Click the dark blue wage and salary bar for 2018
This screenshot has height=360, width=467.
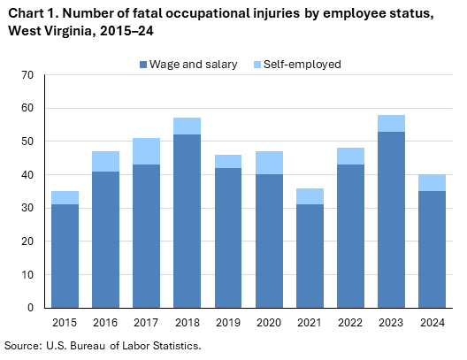187,221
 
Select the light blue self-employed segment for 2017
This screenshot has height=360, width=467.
146,150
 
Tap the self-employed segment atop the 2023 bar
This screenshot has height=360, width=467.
390,123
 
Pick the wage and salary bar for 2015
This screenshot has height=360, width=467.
65,256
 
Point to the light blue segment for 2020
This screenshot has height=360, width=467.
268,163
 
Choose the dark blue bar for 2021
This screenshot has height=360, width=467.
309,256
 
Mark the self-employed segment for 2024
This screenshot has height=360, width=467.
431,182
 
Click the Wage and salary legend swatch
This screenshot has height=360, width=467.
143,65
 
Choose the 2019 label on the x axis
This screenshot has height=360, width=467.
227,323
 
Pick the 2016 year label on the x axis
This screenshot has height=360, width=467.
105,323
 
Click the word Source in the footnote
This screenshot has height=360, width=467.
24,345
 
